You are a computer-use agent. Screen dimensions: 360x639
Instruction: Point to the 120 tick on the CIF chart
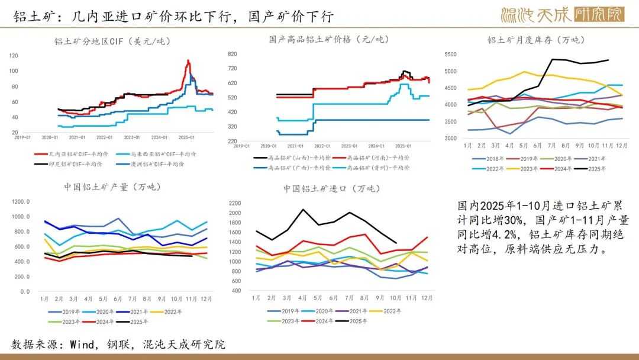[x=14, y=56]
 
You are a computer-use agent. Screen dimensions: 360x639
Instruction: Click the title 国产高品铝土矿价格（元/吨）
[x=329, y=39]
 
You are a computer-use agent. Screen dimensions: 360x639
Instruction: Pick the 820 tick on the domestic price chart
[x=232, y=53]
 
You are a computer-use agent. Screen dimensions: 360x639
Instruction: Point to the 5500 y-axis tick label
[x=451, y=54]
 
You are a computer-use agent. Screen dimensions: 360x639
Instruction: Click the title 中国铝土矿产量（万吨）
[x=112, y=187]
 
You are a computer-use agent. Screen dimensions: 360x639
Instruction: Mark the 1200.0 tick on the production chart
[x=20, y=201]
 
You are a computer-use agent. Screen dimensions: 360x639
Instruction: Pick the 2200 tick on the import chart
[x=235, y=203]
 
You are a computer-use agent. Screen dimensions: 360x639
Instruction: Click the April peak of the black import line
[x=304, y=210]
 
